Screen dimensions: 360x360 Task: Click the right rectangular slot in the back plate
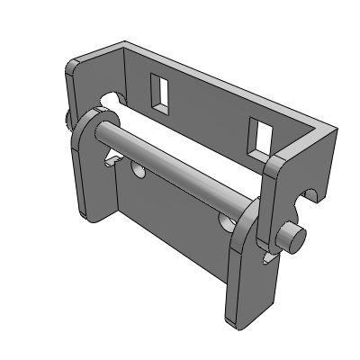pyautogui.click(x=263, y=136)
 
